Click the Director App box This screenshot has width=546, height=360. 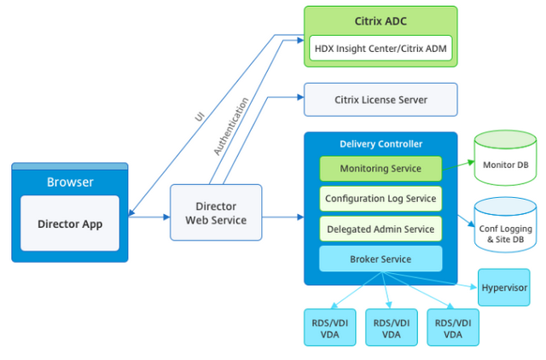click(70, 224)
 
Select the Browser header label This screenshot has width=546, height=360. click(70, 183)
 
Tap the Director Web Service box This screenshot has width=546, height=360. click(216, 213)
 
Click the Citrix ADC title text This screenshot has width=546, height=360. click(369, 20)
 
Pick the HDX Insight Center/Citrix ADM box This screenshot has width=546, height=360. click(369, 49)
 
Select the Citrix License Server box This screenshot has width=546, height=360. click(380, 100)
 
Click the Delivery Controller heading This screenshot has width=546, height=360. click(380, 144)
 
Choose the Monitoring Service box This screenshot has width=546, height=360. click(380, 169)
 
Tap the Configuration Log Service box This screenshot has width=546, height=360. click(380, 199)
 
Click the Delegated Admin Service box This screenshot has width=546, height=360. click(380, 229)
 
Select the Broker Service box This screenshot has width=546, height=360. click(380, 258)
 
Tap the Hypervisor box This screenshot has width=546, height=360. click(503, 287)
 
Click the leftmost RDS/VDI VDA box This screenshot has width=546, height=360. click(328, 328)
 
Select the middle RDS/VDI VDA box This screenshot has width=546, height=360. click(391, 328)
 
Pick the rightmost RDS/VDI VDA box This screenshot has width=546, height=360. click(452, 328)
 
